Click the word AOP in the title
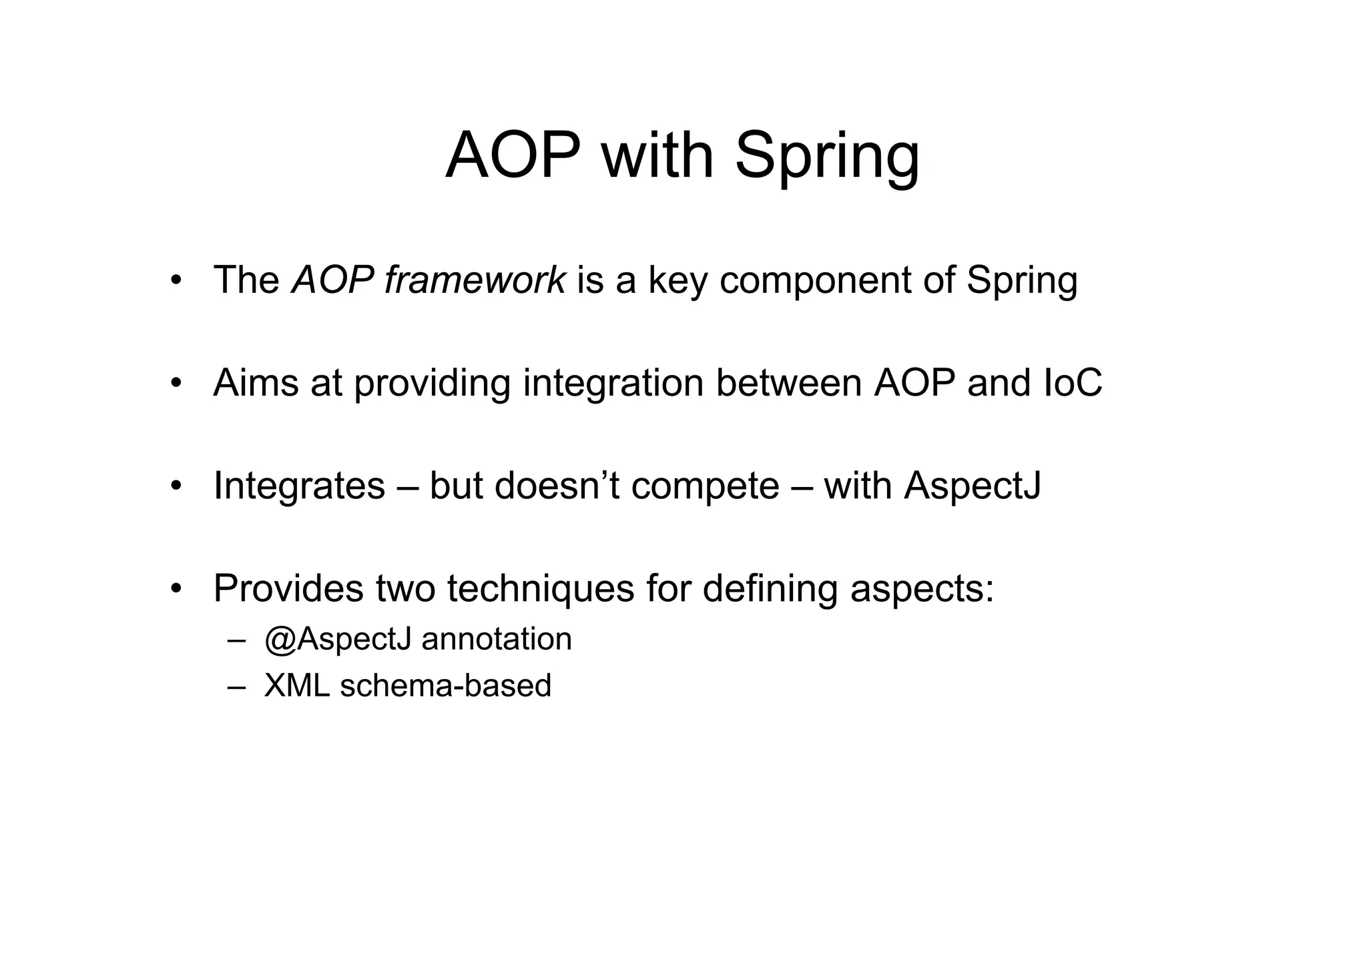pyautogui.click(x=513, y=156)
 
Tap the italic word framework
pyautogui.click(x=475, y=280)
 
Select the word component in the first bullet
pyautogui.click(x=815, y=281)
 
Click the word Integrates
pyautogui.click(x=299, y=486)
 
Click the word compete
pyautogui.click(x=705, y=486)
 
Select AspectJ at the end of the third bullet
pyautogui.click(x=973, y=486)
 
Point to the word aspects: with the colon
pyautogui.click(x=922, y=589)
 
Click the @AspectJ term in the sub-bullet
pyautogui.click(x=337, y=640)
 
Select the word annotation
pyautogui.click(x=497, y=639)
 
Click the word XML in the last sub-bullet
pyautogui.click(x=296, y=685)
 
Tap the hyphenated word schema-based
pyautogui.click(x=445, y=685)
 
